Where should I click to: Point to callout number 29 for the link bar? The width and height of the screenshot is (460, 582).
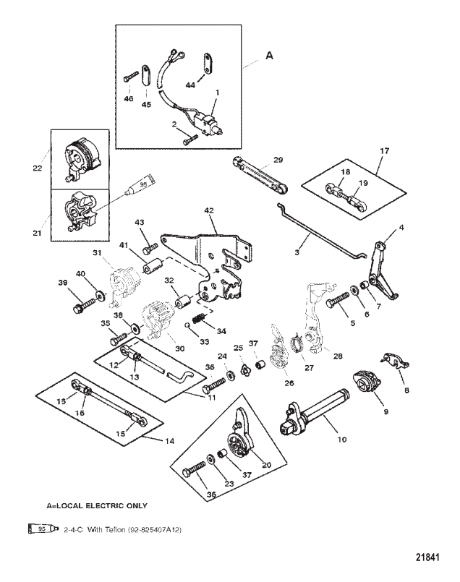278,159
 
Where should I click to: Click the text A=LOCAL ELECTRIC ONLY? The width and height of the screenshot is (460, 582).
98,505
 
